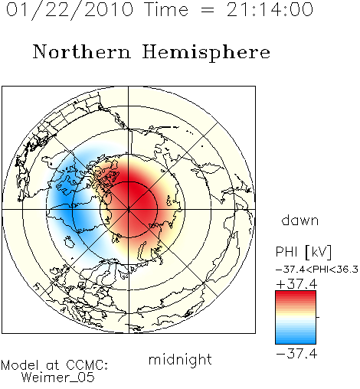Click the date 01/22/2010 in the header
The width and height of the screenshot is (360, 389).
pos(70,10)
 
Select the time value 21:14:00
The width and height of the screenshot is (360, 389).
pos(270,9)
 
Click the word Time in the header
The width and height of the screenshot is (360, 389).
pos(166,9)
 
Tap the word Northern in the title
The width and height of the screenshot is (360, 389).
pos(82,52)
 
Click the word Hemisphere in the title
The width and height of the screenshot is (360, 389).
pos(206,53)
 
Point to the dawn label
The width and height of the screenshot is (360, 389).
pos(300,221)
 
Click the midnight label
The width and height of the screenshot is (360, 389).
pos(180,359)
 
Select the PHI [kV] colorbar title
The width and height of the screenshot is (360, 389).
pos(303,252)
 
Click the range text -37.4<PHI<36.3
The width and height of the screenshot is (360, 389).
pos(317,270)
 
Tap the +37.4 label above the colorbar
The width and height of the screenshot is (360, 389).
pos(296,284)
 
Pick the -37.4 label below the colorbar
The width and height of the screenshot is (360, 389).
pos(296,354)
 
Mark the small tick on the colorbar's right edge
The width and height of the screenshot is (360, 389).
pos(318,317)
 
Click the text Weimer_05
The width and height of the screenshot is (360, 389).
pos(58,377)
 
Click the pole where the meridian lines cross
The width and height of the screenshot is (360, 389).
pos(129,210)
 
